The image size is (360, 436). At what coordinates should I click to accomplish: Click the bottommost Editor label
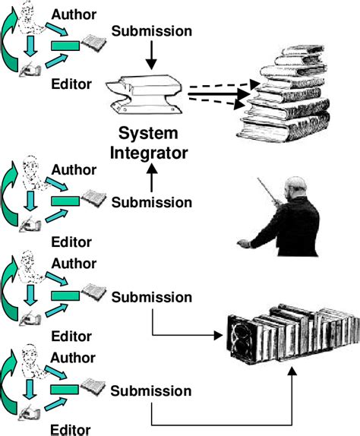click(x=69, y=429)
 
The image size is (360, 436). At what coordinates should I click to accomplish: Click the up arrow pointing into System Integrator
click(x=152, y=179)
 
